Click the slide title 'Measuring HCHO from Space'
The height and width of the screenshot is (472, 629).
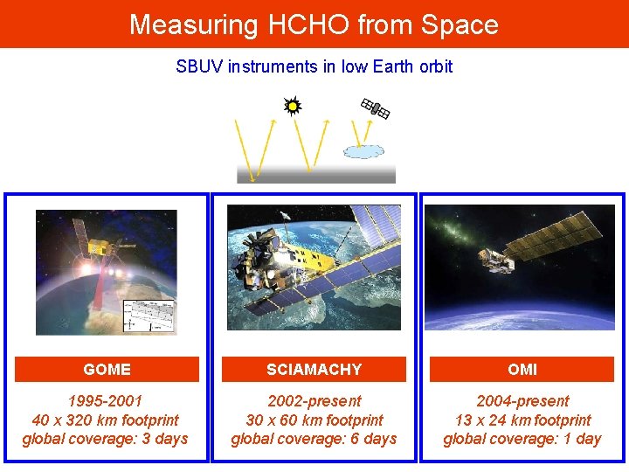point(314,24)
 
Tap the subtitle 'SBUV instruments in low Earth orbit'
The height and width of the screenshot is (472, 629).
point(314,66)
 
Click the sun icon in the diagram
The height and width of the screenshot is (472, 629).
point(293,107)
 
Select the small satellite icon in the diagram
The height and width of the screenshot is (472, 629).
point(375,108)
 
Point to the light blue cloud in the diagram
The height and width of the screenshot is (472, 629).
point(363,151)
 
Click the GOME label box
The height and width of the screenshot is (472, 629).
point(107,370)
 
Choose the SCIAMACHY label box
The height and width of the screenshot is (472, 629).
point(314,370)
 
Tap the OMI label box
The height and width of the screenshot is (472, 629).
point(522,370)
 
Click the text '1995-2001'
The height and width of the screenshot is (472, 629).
point(105,401)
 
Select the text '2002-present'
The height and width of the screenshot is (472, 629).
point(314,401)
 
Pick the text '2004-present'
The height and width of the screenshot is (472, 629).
point(522,401)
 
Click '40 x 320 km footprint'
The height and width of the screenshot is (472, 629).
point(105,420)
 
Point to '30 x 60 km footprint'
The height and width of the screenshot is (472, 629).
point(314,420)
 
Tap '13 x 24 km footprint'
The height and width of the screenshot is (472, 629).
point(522,420)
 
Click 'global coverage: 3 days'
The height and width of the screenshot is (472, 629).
point(105,439)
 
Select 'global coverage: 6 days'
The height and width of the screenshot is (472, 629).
point(314,439)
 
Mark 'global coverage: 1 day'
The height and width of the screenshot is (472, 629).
point(522,439)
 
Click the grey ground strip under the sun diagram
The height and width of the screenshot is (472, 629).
point(315,173)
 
